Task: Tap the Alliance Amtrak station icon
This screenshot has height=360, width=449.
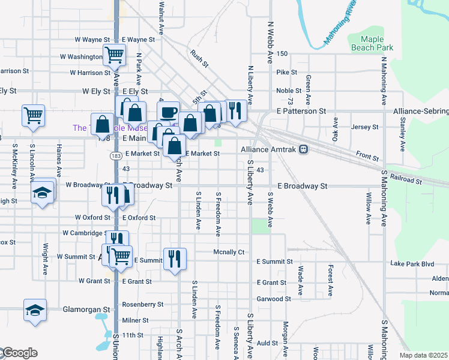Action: click(x=304, y=149)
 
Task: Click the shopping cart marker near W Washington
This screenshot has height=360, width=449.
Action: click(x=114, y=55)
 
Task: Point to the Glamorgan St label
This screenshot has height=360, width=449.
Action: click(x=87, y=310)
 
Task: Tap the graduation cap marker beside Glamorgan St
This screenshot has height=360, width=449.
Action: click(x=35, y=310)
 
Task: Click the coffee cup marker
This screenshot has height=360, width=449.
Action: click(x=168, y=112)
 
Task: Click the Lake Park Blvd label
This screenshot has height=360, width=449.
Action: click(x=411, y=263)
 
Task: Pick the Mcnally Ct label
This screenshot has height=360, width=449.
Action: click(x=229, y=252)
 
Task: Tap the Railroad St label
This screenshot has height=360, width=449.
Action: click(x=405, y=178)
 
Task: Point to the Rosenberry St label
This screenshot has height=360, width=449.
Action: click(x=143, y=304)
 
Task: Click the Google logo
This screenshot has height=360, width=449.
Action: click(x=19, y=353)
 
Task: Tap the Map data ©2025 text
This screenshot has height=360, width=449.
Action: click(x=424, y=355)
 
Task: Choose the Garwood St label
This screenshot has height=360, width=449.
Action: click(x=274, y=298)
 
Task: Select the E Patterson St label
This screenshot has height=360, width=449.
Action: click(x=301, y=111)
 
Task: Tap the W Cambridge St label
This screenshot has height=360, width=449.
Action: click(x=84, y=233)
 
